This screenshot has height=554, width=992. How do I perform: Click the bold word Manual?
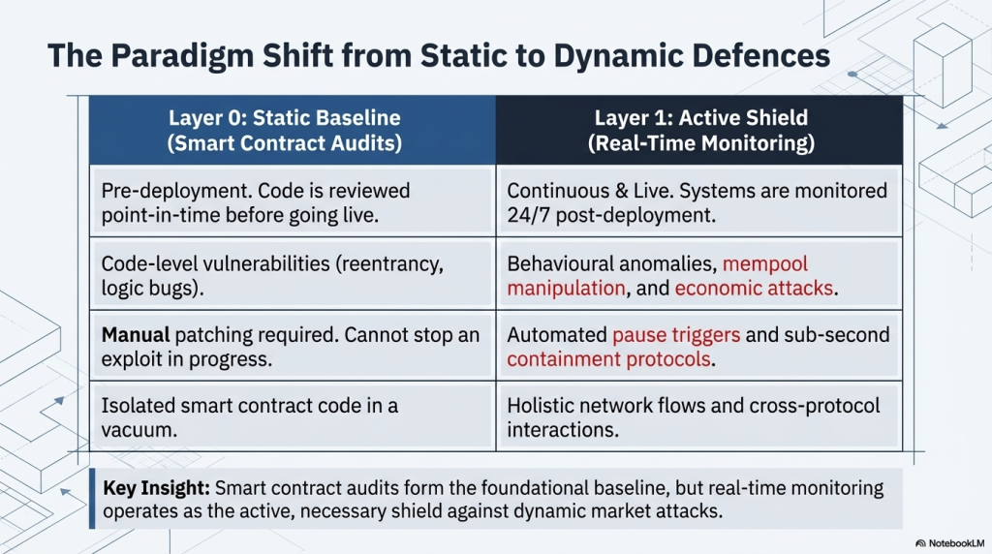pos(136,336)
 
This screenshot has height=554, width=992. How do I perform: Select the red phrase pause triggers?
pos(676,336)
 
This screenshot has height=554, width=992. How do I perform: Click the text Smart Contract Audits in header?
pos(284,143)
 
